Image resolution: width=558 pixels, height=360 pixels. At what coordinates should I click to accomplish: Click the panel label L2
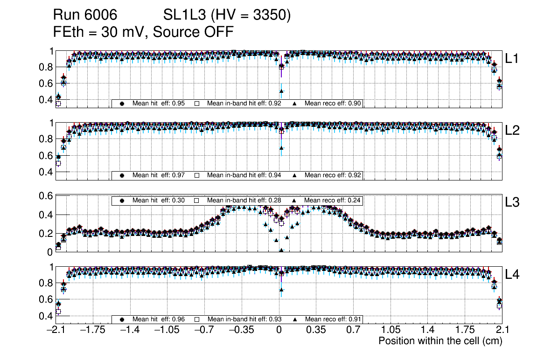coord(512,130)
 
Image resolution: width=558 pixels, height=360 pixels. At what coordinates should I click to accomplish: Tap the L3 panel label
coord(512,202)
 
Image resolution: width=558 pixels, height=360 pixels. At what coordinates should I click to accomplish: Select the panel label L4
coord(512,274)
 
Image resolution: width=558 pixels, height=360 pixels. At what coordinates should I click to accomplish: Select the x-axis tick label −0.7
coord(204,330)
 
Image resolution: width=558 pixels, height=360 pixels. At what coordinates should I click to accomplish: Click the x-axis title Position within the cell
coord(440,341)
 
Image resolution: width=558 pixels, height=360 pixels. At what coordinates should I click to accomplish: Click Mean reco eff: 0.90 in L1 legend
coord(333,104)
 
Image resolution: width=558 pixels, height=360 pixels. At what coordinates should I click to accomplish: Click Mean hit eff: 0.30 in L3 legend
coord(159,201)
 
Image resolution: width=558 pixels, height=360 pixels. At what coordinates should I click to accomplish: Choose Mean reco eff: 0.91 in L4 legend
coord(333,319)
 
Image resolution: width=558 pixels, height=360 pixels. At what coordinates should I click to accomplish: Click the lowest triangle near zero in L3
coord(281,250)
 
